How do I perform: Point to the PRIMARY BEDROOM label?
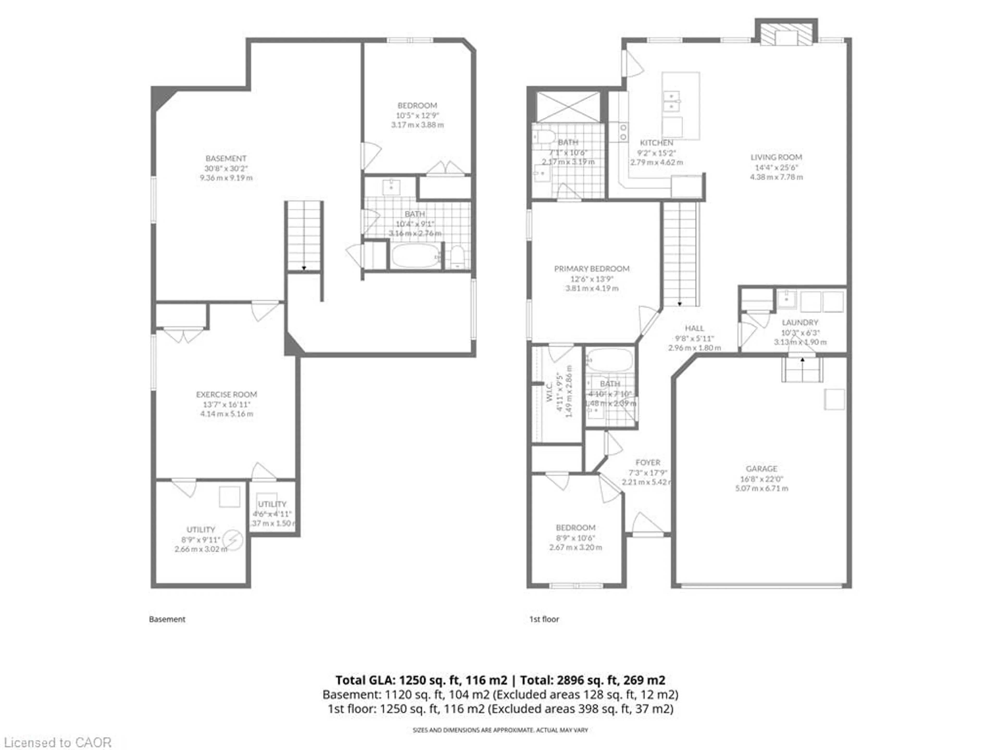pyautogui.click(x=592, y=268)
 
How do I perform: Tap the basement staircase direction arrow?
pyautogui.click(x=304, y=268)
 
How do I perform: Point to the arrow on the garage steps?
pyautogui.click(x=802, y=360)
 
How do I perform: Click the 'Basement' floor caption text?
pyautogui.click(x=167, y=619)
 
